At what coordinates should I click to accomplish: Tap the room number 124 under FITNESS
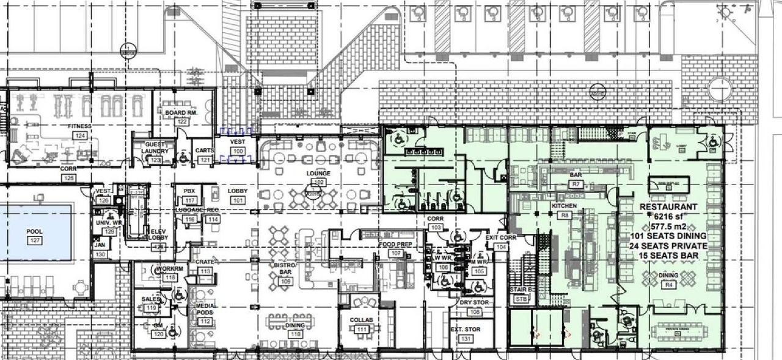pyautogui.click(x=79, y=134)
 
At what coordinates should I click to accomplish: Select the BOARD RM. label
pyautogui.click(x=180, y=113)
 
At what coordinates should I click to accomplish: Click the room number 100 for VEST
pyautogui.click(x=238, y=150)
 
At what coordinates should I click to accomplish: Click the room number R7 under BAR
pyautogui.click(x=575, y=183)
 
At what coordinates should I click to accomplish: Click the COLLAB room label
pyautogui.click(x=362, y=320)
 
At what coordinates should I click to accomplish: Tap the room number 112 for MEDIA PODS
pyautogui.click(x=205, y=321)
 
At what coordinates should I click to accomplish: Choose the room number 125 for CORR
pyautogui.click(x=69, y=177)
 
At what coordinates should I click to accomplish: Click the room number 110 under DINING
pyautogui.click(x=295, y=334)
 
